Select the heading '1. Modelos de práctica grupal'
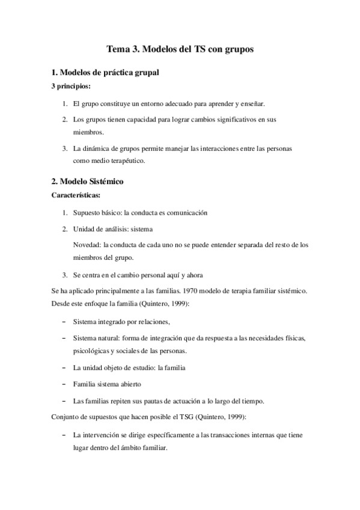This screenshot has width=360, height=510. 105,73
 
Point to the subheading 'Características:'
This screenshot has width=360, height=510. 76,195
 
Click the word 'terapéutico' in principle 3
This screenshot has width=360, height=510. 126,161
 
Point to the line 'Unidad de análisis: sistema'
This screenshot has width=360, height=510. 113,229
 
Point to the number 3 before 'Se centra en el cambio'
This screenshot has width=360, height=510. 65,275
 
